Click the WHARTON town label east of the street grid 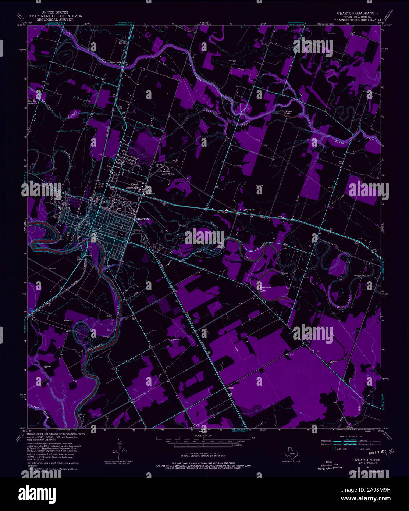[x=142, y=219]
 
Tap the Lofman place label [x=230, y=388]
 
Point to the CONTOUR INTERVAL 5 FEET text [x=204, y=454]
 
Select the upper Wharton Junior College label [x=169, y=172]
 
